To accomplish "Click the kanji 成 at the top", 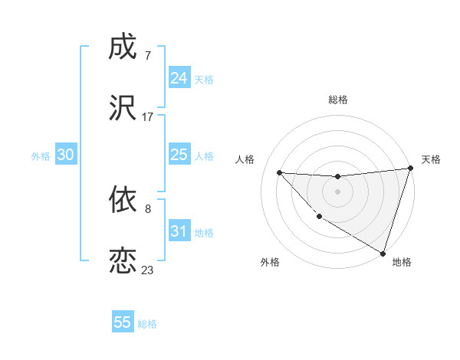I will [123, 48].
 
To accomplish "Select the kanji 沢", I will [123, 106].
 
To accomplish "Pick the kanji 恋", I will [123, 260].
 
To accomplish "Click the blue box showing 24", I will [179, 78].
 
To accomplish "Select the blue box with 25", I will [179, 155].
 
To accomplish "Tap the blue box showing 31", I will [179, 231].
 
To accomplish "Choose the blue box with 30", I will [66, 155].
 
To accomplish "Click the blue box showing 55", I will [123, 322].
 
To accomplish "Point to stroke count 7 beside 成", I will [147, 56].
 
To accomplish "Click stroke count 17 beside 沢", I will [148, 116].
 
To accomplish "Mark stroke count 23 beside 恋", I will [147, 270].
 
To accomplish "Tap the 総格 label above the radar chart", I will [337, 100].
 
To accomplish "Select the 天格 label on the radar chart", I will [431, 159].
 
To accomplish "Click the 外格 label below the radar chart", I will [270, 262].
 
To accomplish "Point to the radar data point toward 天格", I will [410, 169].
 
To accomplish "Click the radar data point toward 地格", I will [383, 252].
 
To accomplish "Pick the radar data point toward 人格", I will [279, 172].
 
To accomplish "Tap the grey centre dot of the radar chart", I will [337, 191].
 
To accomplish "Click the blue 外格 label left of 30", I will [41, 155].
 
